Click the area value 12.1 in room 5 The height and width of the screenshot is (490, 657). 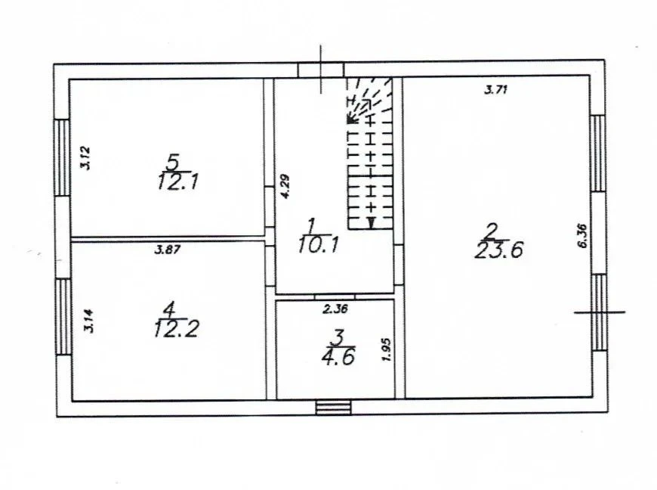(x=177, y=182)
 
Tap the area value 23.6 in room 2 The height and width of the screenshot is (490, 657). (x=499, y=250)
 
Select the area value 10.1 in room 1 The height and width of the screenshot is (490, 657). (x=319, y=244)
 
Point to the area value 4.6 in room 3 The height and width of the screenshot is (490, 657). (x=338, y=357)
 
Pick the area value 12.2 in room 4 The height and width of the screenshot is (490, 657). (x=176, y=328)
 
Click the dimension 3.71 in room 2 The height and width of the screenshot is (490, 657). (x=496, y=89)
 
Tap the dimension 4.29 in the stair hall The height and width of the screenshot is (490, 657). (x=285, y=186)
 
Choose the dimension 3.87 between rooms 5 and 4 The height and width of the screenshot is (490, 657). (x=168, y=250)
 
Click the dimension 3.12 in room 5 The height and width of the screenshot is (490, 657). (x=86, y=157)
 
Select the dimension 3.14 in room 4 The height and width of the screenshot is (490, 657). (x=89, y=321)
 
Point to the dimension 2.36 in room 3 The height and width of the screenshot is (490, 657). (x=335, y=309)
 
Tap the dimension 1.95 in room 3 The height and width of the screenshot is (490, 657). (x=387, y=349)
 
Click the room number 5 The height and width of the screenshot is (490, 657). (x=173, y=161)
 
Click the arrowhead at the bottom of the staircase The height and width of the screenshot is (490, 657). (x=371, y=223)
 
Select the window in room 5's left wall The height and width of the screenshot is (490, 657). (x=63, y=158)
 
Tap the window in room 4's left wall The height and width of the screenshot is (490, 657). (x=63, y=317)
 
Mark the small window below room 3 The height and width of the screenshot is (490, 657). (x=334, y=408)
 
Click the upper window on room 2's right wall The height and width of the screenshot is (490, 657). (x=598, y=153)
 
